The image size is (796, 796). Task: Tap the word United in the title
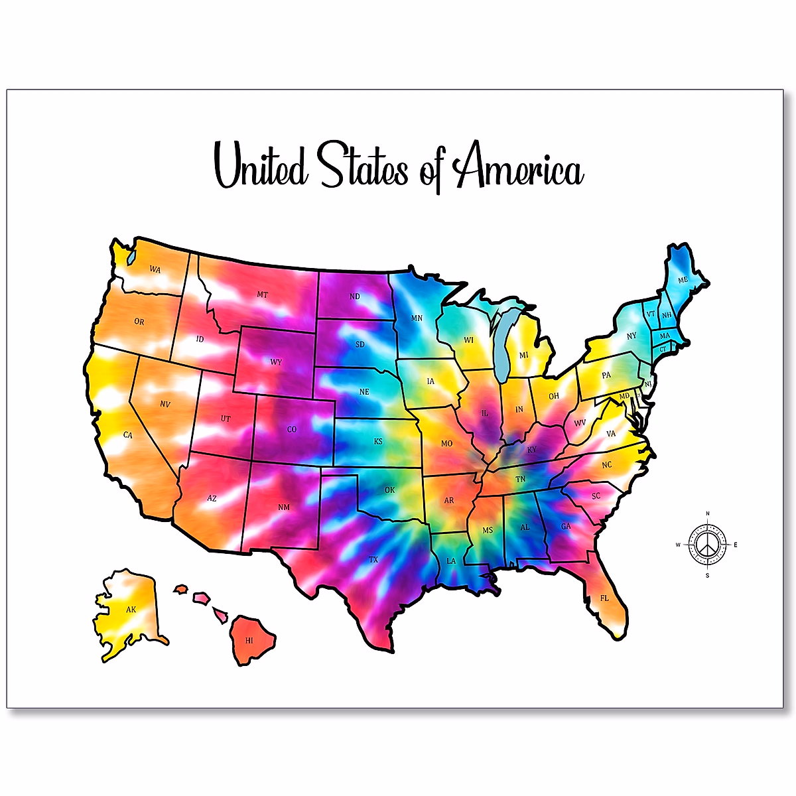coord(261,166)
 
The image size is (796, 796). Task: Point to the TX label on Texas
coord(373,560)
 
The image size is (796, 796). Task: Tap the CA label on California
coord(128,435)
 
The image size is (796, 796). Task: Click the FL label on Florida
coord(604,598)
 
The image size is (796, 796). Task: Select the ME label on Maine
coord(683,280)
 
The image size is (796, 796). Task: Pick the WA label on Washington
coord(155,269)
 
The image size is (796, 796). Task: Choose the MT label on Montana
coord(263,295)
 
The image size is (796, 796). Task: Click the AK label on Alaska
coord(131,609)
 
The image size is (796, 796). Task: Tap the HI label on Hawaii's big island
coord(249,641)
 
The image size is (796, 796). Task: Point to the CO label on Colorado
coord(292,429)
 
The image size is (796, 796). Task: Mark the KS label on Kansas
coord(378,441)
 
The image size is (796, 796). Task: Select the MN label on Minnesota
coord(417,318)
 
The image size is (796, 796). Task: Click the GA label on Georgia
coord(566,526)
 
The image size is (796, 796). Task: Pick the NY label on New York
coord(631,336)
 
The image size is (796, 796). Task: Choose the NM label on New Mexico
coord(284,507)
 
